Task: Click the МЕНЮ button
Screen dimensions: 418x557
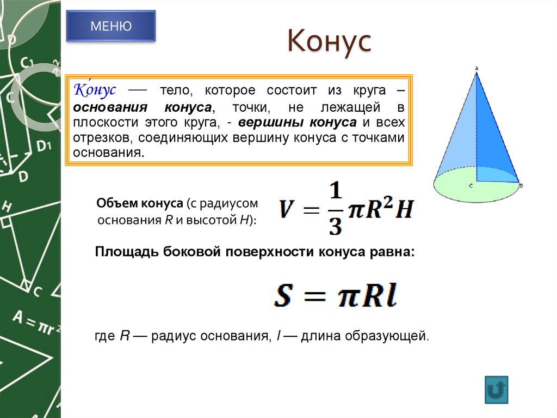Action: (x=110, y=26)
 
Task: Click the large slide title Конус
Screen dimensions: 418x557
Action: (x=329, y=42)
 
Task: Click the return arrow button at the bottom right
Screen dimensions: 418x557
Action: (x=496, y=389)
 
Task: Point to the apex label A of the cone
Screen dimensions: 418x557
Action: (x=476, y=68)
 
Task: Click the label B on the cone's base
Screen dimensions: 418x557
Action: (x=521, y=186)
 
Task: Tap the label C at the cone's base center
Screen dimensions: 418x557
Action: (x=471, y=186)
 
